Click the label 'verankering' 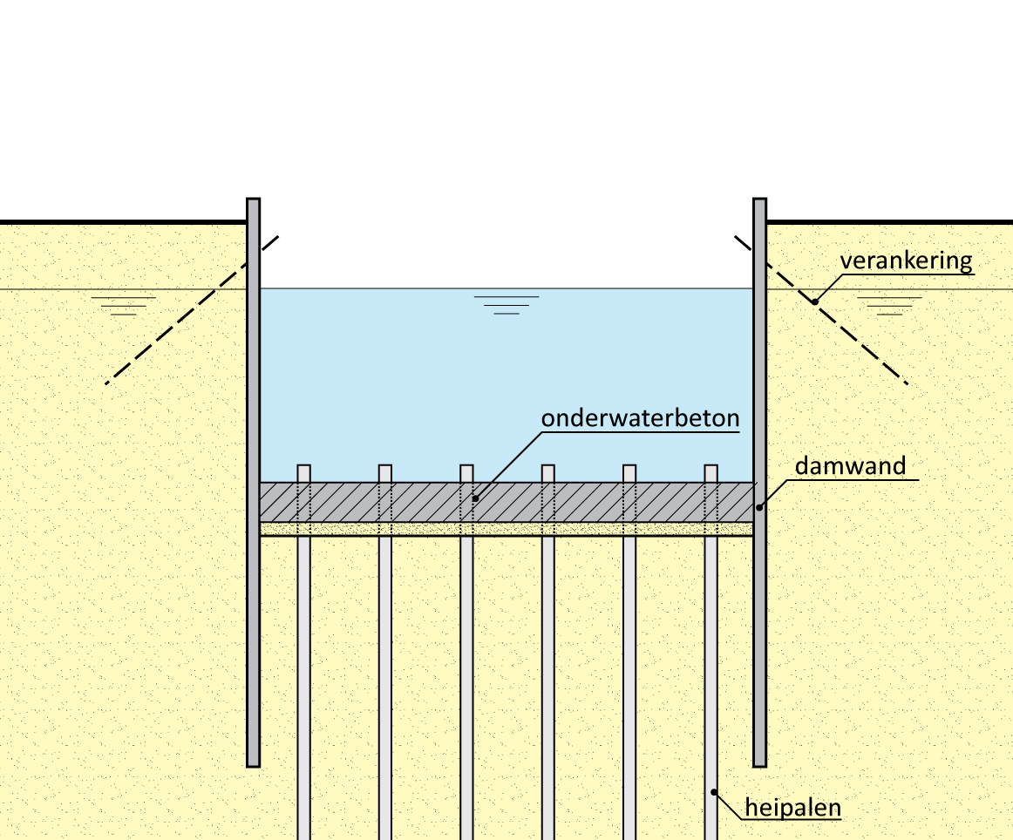906,261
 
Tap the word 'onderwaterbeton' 640,419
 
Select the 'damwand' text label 850,465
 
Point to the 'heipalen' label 792,808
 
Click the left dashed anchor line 191,310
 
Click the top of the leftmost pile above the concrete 303,473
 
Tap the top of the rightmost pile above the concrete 710,473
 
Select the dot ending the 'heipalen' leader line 715,792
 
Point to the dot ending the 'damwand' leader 758,507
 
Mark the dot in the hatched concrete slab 476,499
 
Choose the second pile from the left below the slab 384,680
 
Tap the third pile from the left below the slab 466,680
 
